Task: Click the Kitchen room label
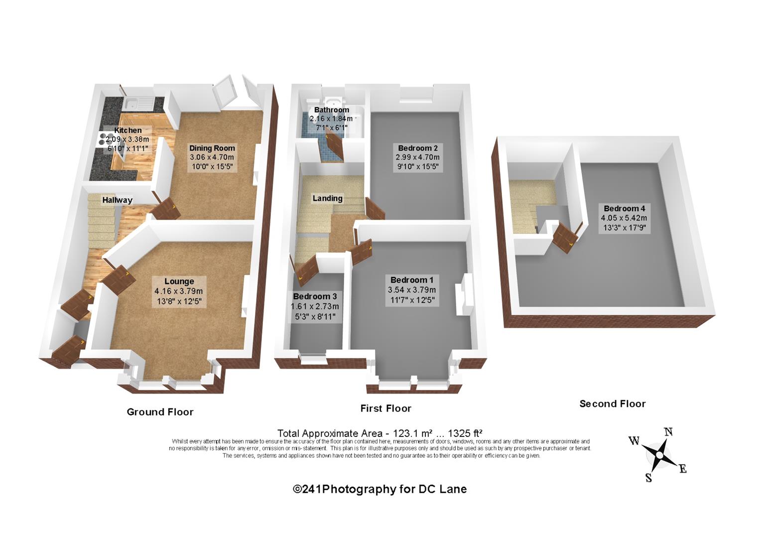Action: click(x=127, y=130)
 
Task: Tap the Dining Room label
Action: click(x=212, y=148)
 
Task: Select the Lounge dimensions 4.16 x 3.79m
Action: click(x=178, y=291)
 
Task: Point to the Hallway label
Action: click(x=117, y=200)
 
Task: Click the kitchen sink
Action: click(x=138, y=103)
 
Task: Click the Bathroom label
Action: click(x=331, y=110)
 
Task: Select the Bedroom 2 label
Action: click(x=417, y=148)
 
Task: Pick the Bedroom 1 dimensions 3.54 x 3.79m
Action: click(x=412, y=290)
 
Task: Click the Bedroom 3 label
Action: click(x=314, y=296)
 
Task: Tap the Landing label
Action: click(x=327, y=198)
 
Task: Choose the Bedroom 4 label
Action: click(x=625, y=209)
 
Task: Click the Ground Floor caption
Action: click(x=160, y=412)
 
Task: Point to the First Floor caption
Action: click(x=386, y=408)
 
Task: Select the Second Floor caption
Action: click(x=613, y=404)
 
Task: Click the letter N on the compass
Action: click(x=669, y=432)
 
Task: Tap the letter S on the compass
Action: click(x=648, y=478)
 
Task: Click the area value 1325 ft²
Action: click(x=465, y=433)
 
